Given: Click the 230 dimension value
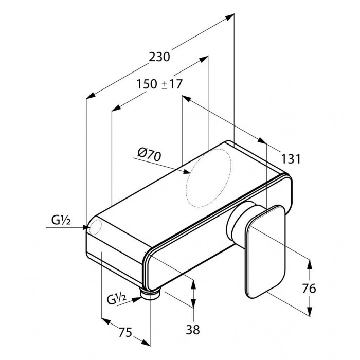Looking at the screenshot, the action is click(159, 57).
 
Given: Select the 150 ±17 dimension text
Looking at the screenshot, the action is click(159, 84).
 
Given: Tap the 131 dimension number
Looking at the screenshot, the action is click(291, 159).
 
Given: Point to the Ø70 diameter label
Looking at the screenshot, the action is click(150, 154).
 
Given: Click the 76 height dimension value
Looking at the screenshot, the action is click(309, 289).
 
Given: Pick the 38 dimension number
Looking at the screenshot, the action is click(193, 330).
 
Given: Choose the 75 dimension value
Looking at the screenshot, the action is click(125, 332).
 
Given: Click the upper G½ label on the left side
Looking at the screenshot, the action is click(61, 221).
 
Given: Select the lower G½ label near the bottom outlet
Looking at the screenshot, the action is click(117, 299).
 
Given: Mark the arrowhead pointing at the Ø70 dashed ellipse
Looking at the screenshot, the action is click(187, 171).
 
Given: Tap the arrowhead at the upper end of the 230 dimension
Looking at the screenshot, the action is click(230, 17).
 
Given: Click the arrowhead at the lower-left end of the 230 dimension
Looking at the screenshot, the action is click(91, 96).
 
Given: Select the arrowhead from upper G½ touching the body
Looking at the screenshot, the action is click(86, 227).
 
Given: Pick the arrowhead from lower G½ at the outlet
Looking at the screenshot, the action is click(137, 299).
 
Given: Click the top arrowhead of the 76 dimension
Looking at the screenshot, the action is click(310, 264).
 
